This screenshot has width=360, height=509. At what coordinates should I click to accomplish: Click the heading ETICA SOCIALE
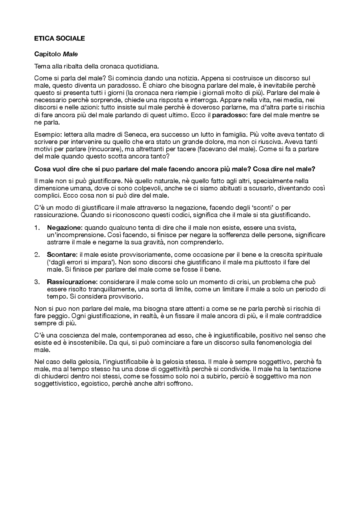(x=59, y=39)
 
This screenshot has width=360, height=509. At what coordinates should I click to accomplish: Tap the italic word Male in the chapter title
(x=70, y=54)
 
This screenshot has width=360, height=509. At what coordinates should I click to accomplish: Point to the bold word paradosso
(x=228, y=115)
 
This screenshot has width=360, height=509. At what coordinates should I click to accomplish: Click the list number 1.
(x=37, y=227)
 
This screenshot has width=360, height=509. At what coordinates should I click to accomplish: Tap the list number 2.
(x=37, y=255)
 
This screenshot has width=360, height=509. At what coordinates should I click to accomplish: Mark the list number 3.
(x=37, y=282)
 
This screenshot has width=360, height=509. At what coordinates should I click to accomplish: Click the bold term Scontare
(x=62, y=255)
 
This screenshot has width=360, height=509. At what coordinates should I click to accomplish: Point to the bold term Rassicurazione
(x=72, y=282)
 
